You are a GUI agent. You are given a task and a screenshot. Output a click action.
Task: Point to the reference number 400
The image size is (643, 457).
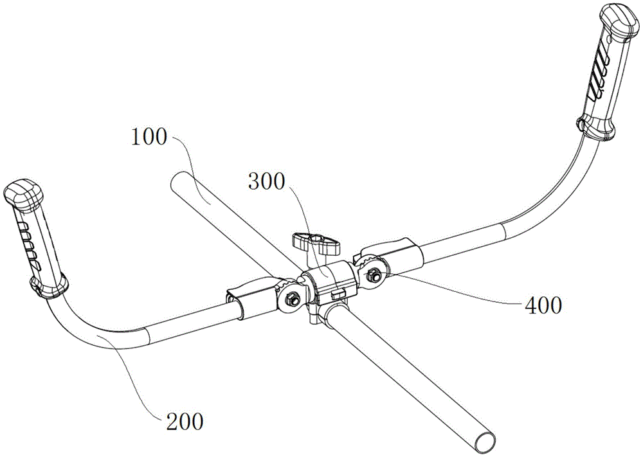(543, 305)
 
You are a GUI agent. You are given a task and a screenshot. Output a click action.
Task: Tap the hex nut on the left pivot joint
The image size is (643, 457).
(293, 296)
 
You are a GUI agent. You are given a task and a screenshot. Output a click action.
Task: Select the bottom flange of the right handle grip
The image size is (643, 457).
(597, 129)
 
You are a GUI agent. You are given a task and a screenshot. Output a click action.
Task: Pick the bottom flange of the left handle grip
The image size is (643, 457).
(48, 285)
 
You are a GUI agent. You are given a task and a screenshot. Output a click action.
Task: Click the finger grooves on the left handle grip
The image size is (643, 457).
(30, 242)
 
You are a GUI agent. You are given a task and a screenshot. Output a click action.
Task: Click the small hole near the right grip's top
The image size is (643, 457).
(610, 40)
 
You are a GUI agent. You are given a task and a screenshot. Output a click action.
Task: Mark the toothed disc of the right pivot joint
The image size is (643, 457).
(372, 274)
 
